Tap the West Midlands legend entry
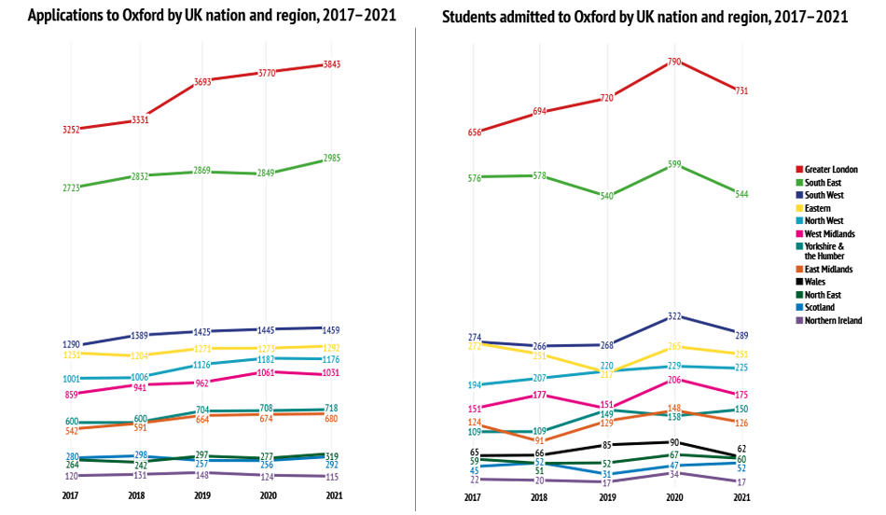coord(829,233)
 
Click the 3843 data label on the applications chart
coord(332,63)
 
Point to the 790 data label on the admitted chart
coord(674,62)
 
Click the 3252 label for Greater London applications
coord(72,130)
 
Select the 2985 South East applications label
coord(332,159)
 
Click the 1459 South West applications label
coord(332,330)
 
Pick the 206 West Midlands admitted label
coord(674,380)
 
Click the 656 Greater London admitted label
coord(475,132)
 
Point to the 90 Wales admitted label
coord(674,442)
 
